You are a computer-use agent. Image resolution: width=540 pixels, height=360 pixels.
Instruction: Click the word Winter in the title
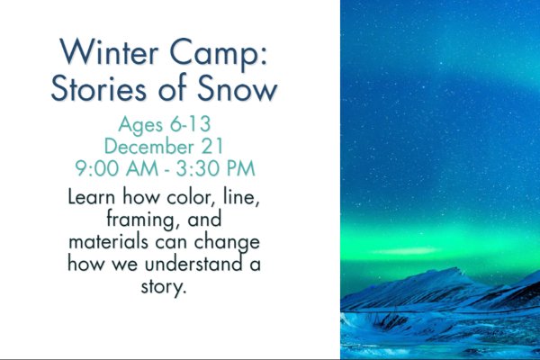(109, 51)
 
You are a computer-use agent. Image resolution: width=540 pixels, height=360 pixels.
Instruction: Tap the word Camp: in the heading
(219, 54)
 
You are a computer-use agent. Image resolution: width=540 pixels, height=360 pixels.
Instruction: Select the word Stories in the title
(99, 87)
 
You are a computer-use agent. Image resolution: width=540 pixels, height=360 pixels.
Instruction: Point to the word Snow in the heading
(237, 88)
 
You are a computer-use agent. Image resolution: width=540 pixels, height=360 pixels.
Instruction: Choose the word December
(149, 146)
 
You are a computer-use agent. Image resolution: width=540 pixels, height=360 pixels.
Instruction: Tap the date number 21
(212, 146)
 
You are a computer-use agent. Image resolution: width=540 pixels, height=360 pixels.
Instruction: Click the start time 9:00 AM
(117, 168)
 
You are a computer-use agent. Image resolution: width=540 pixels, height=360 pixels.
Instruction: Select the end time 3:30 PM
(216, 168)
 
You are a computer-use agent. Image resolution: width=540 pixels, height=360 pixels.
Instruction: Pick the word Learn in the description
(91, 197)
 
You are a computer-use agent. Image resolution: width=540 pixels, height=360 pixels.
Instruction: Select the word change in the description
(227, 243)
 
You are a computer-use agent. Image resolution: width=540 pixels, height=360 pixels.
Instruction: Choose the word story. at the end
(164, 287)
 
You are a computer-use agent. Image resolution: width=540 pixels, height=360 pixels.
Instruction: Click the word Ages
(140, 125)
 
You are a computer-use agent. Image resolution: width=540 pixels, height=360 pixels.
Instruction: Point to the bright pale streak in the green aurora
(407, 250)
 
